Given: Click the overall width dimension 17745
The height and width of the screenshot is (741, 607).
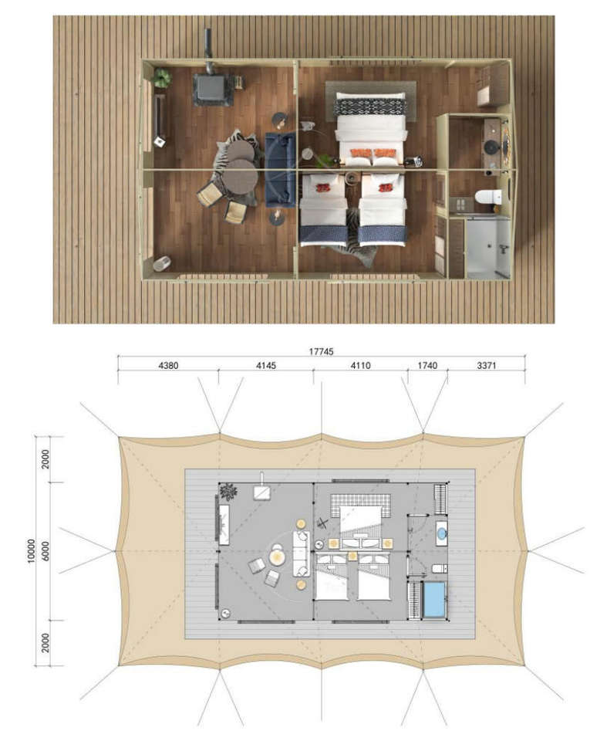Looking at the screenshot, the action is coord(321,351).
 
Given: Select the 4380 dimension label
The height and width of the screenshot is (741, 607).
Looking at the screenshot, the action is coord(168,365).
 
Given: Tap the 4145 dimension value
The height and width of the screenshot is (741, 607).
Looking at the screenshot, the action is coord(266,365).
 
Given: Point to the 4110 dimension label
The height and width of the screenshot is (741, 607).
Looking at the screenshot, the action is coord(360,365).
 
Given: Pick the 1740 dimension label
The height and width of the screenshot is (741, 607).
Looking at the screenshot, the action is coord(427,365).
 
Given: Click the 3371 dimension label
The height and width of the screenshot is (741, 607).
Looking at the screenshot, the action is coord(487,365).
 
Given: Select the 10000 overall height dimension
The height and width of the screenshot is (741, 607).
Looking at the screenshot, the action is coord(32,551).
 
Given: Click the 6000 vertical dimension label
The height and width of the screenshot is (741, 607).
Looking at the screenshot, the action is coord(46,551).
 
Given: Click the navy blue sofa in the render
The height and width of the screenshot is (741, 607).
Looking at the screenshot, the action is coord(280,169).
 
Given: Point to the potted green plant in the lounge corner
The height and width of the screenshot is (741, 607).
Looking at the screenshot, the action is coord(163,77).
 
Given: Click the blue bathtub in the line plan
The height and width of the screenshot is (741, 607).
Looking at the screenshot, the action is coord(434,599).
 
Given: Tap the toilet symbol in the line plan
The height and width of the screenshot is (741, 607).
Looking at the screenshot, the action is coord(440,568).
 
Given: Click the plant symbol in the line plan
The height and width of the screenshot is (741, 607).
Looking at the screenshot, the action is coord(228,492).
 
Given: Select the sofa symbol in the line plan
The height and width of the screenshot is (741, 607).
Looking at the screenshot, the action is coord(301,553).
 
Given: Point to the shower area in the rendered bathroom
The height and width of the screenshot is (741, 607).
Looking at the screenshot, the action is coord(488,247).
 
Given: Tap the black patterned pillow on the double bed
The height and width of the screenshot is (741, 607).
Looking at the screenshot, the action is coord(371,107).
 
